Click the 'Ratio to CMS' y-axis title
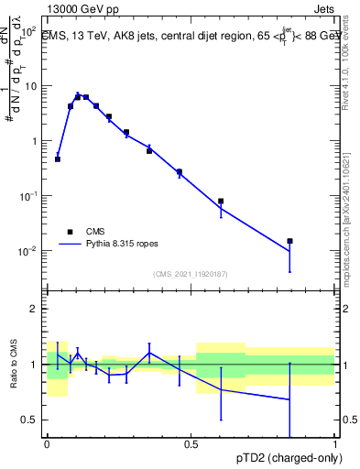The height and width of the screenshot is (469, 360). [x=14, y=365]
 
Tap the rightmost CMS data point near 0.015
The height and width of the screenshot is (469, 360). [x=289, y=241]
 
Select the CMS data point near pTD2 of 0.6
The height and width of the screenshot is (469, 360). [x=221, y=201]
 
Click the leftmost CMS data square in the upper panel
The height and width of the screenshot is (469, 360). [x=58, y=159]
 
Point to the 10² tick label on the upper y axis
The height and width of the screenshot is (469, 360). [x=27, y=31]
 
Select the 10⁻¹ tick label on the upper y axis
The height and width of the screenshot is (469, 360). [x=27, y=196]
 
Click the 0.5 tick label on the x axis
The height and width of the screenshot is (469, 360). [x=191, y=444]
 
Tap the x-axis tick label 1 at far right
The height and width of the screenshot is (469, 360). [x=334, y=444]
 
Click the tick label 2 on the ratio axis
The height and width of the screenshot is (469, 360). [x=35, y=310]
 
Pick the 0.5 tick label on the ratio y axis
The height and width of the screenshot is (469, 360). [x=30, y=420]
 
